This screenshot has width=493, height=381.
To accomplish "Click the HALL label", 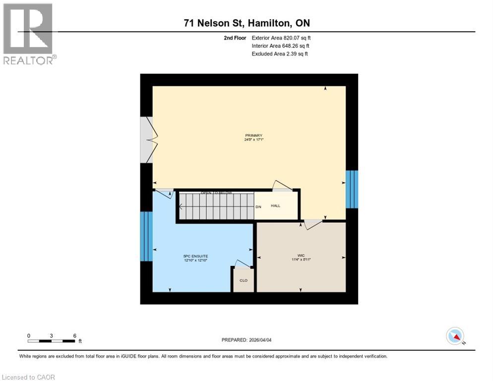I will point(276,205).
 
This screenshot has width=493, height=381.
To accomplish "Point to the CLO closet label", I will point(244,280).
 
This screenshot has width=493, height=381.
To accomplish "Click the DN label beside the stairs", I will point(258,206).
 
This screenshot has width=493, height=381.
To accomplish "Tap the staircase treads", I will point(216,206).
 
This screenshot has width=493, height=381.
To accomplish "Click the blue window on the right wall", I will point(352,189).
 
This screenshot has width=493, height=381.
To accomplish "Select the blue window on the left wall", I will point(146,236).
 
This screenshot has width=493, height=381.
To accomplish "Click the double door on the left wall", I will point(148,140).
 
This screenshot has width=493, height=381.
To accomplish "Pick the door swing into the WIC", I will point(312,225).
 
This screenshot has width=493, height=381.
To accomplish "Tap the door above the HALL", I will point(282,186).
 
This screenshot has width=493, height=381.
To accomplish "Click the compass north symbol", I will point(455,336).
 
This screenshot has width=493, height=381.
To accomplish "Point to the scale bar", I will point(52,341).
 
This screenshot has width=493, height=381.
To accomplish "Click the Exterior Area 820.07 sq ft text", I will point(281,38).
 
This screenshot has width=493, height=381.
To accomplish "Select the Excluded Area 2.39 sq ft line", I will point(280,54).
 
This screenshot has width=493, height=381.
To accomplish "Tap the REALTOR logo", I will point(28,34).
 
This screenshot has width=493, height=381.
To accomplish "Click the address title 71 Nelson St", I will point(246,23).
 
